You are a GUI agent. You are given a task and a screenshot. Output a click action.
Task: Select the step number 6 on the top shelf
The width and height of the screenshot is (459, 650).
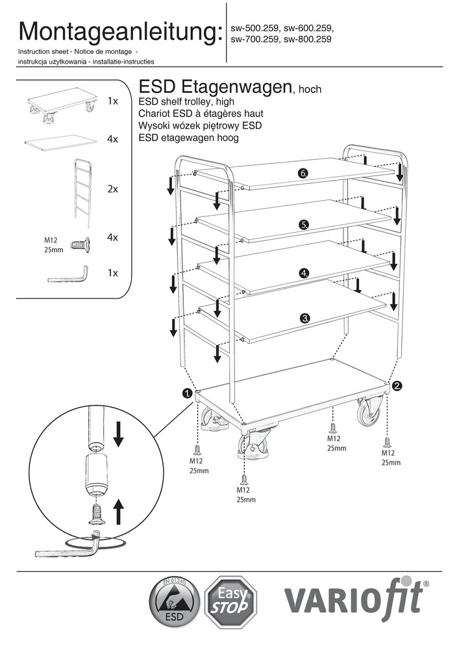(303, 174)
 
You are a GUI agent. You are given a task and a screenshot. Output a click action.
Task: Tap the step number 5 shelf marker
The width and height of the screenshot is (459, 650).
(303, 224)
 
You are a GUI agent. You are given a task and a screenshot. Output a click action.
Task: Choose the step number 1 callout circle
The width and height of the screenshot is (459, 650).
(187, 393)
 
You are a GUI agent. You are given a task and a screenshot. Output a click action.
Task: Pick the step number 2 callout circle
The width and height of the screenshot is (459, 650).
(397, 386)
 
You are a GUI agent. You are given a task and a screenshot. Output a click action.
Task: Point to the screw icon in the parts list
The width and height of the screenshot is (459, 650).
(79, 244)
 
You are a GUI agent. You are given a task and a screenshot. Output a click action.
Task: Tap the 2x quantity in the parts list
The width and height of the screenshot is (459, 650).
(112, 189)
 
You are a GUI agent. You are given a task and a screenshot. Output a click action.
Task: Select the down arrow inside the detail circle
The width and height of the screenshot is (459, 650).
(118, 434)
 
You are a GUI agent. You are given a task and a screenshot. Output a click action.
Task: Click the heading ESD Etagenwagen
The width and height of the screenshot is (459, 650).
(214, 87)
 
